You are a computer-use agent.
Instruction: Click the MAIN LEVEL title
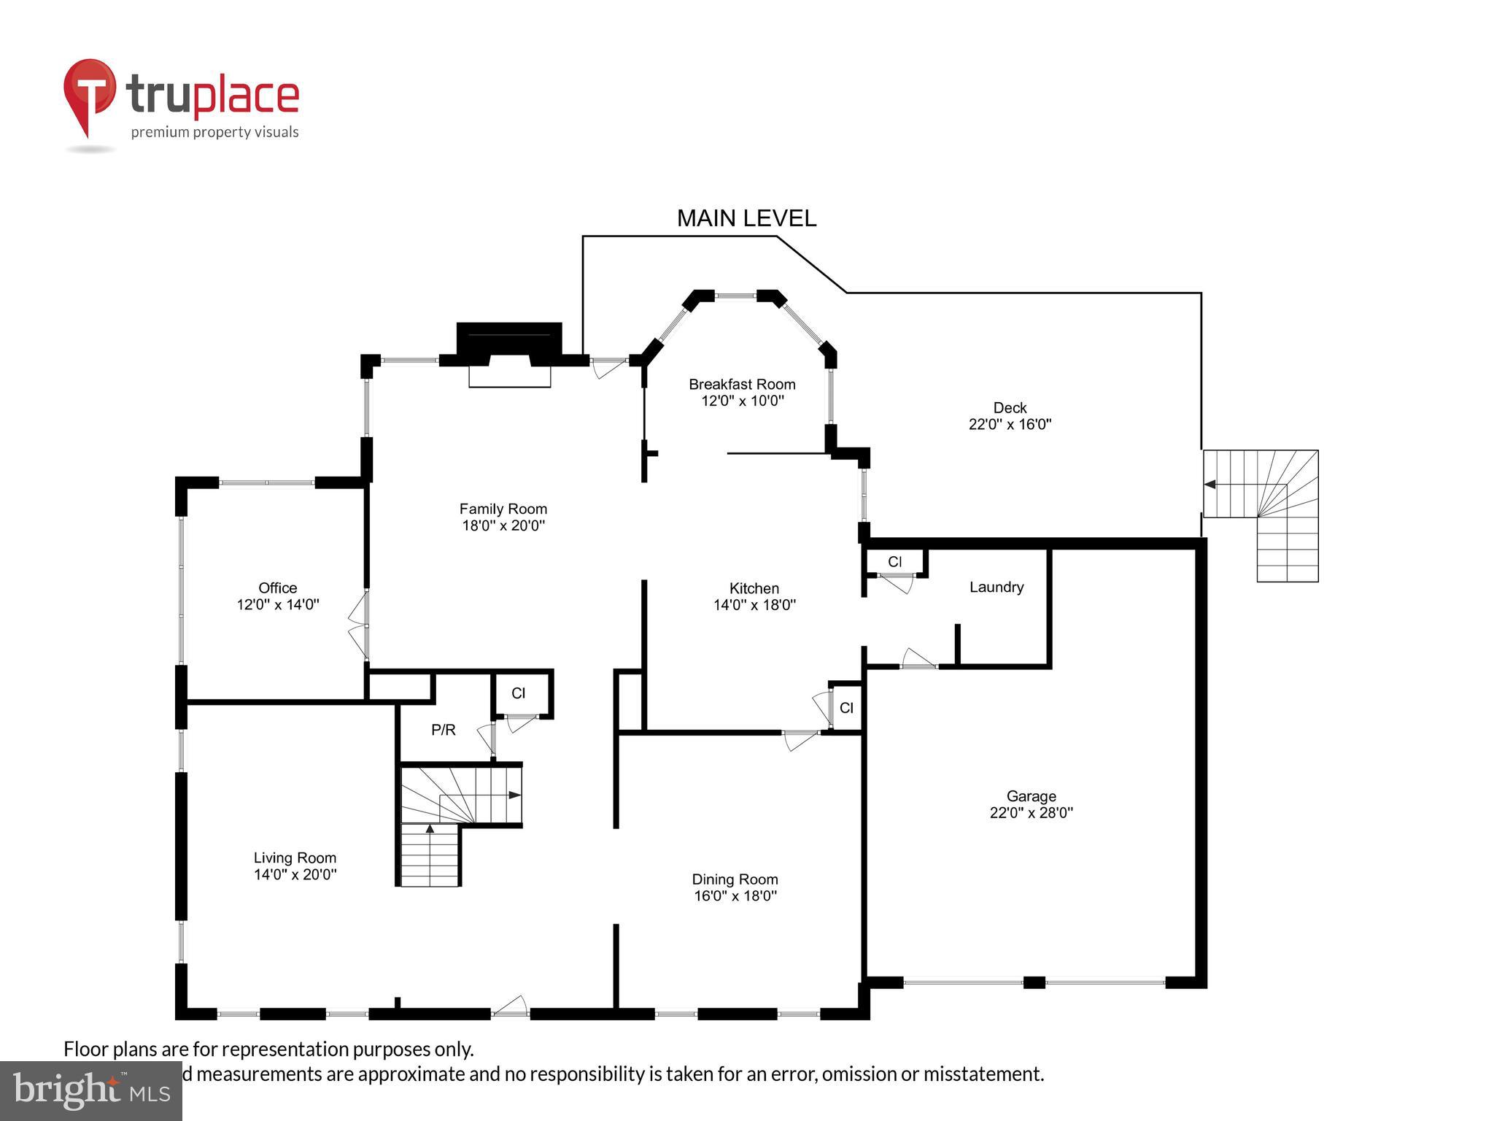click(x=746, y=218)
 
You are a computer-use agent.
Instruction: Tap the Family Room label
click(x=503, y=509)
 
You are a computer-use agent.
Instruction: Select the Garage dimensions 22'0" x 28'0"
click(x=1031, y=812)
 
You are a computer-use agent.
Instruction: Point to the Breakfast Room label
click(x=742, y=384)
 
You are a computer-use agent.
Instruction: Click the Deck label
click(x=1010, y=407)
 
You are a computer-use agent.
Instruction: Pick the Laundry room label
click(x=996, y=587)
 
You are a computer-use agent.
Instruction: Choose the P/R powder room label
click(x=443, y=729)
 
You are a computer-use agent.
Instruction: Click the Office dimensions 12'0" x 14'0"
click(x=278, y=604)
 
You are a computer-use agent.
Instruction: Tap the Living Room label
click(x=295, y=858)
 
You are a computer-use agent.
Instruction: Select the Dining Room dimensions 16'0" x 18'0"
click(x=735, y=895)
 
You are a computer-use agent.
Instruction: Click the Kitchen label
click(x=754, y=588)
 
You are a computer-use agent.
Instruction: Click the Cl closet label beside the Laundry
click(x=894, y=562)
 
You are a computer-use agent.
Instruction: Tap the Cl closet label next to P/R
click(x=518, y=693)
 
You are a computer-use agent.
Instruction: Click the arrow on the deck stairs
click(x=1209, y=484)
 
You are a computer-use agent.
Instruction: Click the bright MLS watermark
click(x=91, y=1091)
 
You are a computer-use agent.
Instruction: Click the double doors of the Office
click(x=357, y=625)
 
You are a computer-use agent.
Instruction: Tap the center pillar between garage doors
click(x=1034, y=982)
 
